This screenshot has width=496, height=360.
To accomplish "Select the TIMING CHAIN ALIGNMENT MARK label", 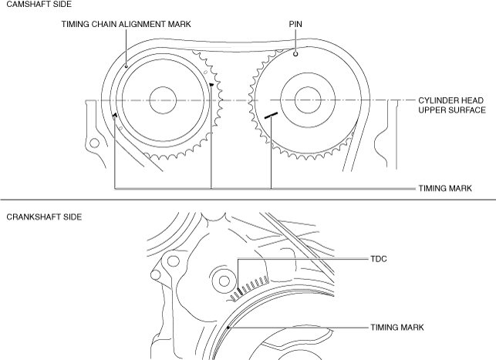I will point(126,24).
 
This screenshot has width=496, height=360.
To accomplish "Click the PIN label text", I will point(295,24).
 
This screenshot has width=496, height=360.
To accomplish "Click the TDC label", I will point(378,260).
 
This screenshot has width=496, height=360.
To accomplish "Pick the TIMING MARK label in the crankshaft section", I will point(396,328).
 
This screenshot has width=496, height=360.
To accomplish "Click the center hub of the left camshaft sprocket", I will point(164,99).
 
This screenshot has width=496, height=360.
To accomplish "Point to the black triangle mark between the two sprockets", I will point(211,83).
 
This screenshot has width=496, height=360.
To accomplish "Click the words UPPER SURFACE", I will point(452,110).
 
